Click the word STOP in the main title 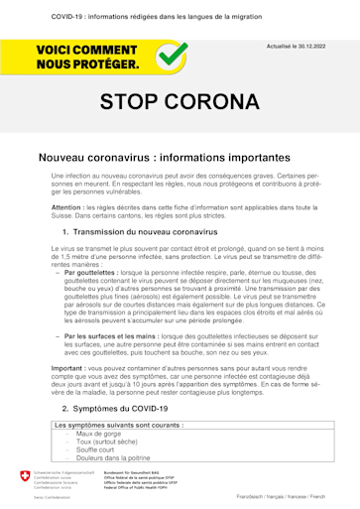(x=137, y=103)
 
